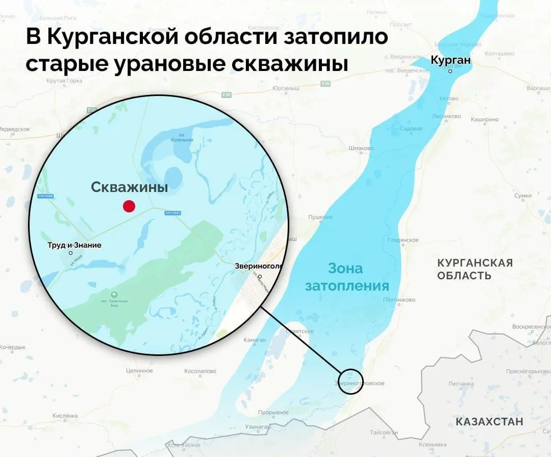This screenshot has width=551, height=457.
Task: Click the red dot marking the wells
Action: pos(129,206)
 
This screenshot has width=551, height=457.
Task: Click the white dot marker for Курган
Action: pos(450,71)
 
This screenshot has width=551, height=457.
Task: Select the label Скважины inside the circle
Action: pos(130,187)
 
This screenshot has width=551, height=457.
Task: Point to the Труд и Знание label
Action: pos(74,245)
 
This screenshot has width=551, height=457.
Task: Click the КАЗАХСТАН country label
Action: pos(489,422)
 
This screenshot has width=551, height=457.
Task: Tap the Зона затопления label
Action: pos(347,277)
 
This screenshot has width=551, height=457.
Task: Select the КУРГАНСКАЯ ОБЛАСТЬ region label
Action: pos(474,269)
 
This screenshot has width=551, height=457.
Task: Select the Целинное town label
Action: pos(139,371)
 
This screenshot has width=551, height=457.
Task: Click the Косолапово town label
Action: pos(201,371)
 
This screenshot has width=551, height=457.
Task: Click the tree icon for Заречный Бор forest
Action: pos(114,294)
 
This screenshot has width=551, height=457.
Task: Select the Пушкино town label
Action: pos(320,217)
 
